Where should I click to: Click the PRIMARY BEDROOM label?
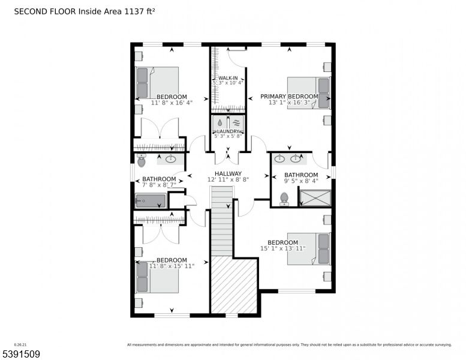pyautogui.click(x=288, y=97)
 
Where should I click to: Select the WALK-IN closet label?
pyautogui.click(x=227, y=79)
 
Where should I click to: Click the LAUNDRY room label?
pyautogui.click(x=228, y=131)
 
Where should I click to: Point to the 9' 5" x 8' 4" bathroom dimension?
pyautogui.click(x=300, y=181)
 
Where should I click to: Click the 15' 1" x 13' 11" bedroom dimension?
pyautogui.click(x=282, y=248)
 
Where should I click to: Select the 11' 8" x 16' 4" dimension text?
pyautogui.click(x=172, y=103)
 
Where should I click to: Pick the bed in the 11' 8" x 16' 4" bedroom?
pyautogui.click(x=157, y=82)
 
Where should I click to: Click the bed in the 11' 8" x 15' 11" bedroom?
pyautogui.click(x=157, y=277)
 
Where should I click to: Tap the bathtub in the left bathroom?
pyautogui.click(x=150, y=200)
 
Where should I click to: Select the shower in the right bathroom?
pyautogui.click(x=315, y=198)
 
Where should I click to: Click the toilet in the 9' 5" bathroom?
pyautogui.click(x=284, y=199)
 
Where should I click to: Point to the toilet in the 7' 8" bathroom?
pyautogui.click(x=142, y=160)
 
